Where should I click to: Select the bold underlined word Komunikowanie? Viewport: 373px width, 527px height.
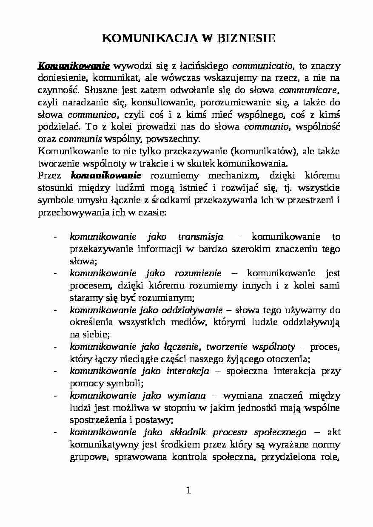74,66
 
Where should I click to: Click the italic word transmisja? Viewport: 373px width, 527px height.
200,237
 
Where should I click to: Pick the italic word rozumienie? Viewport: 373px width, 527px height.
198,273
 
